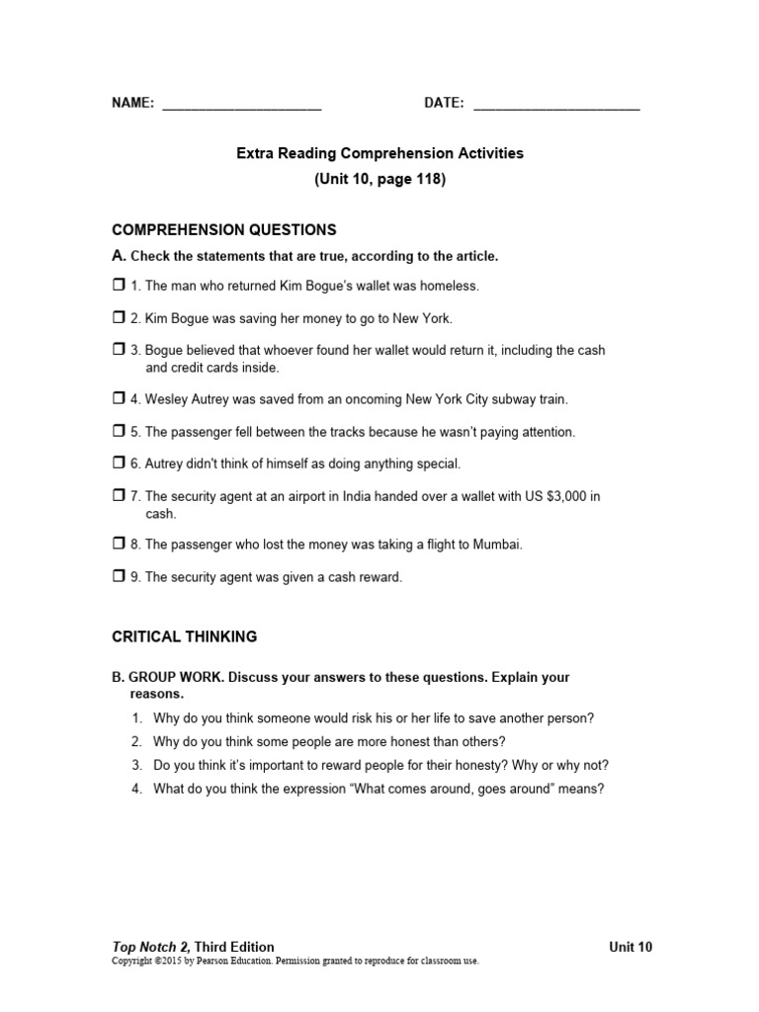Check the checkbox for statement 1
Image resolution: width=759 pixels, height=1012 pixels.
click(x=119, y=286)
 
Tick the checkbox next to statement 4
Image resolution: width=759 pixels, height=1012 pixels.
click(x=119, y=399)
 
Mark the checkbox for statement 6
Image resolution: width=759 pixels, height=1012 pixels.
click(x=119, y=464)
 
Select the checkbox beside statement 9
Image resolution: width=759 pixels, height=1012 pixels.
click(x=119, y=577)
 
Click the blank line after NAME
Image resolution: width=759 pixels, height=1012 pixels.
click(x=241, y=104)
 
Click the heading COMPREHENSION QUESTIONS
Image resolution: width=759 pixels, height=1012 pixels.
click(x=224, y=230)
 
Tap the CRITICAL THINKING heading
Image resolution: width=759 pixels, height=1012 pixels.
click(x=185, y=637)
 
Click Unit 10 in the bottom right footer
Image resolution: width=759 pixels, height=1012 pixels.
click(x=631, y=947)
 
